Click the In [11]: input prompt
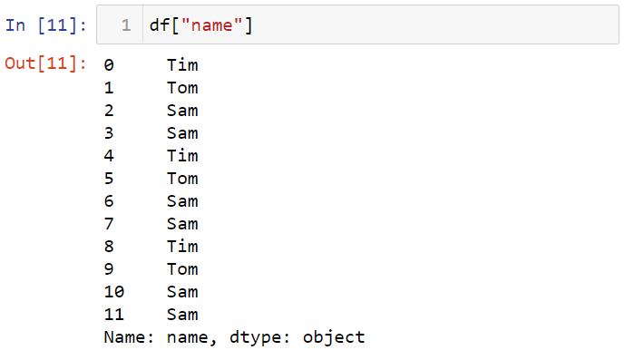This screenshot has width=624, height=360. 45,25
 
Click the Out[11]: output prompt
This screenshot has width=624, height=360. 45,65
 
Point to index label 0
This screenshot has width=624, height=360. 110,65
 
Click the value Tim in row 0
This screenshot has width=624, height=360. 182,65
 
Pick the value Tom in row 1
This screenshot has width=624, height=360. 182,88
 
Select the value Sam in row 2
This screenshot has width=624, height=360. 182,111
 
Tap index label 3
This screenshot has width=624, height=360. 110,133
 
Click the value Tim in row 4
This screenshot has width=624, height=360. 182,156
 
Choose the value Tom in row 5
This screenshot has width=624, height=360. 182,179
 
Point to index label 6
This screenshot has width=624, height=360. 110,201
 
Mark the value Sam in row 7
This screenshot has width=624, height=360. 182,224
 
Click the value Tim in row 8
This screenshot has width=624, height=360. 182,247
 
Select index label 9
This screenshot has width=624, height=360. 110,269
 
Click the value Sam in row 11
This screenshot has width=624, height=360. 182,315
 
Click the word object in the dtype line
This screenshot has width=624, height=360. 334,337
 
